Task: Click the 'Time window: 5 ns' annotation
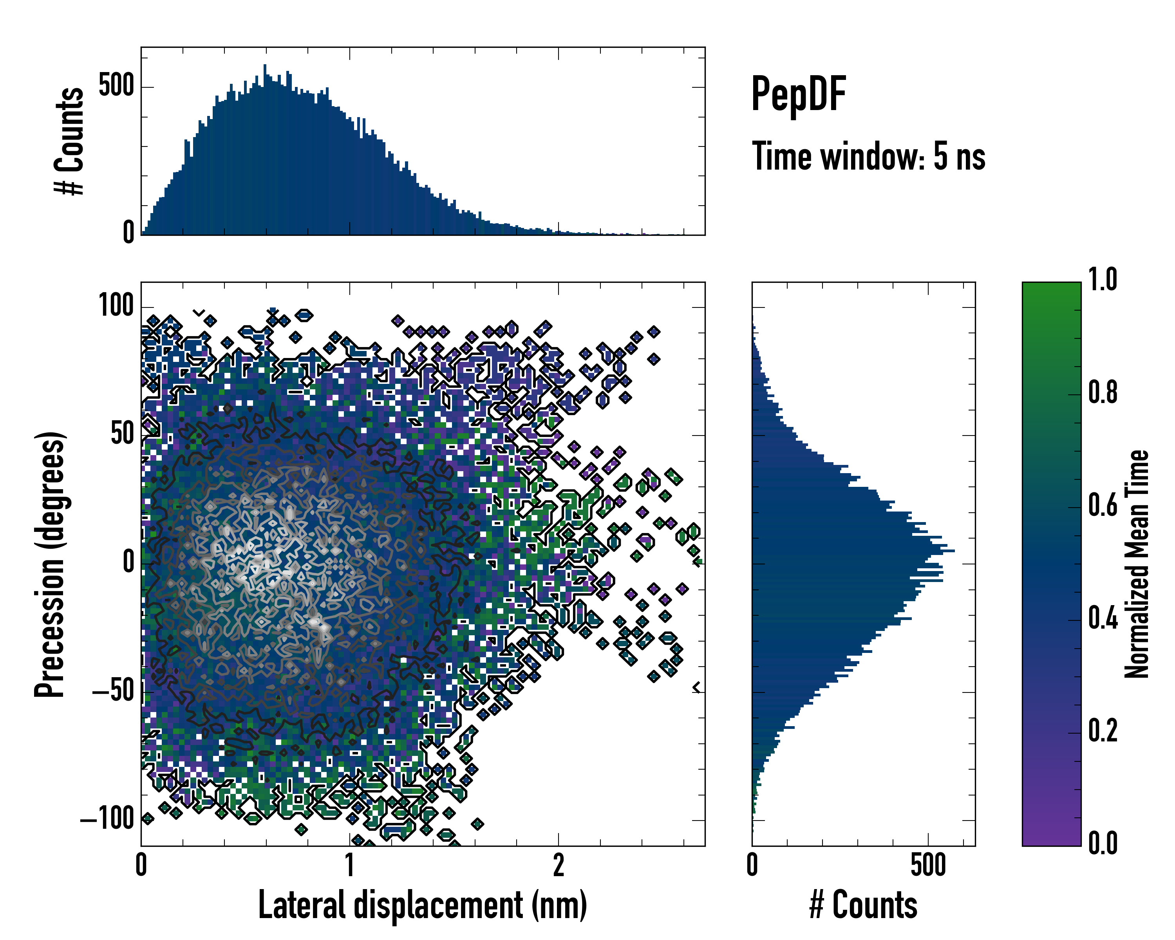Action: tap(868, 156)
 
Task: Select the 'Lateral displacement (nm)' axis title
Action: tap(422, 905)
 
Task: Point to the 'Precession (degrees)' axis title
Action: tap(50, 564)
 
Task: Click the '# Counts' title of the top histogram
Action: tap(70, 141)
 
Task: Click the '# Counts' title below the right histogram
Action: tap(863, 905)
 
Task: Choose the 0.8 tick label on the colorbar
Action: tap(1103, 392)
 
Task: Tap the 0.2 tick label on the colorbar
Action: tap(1103, 731)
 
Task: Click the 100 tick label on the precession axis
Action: tap(116, 306)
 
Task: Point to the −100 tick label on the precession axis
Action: tap(107, 819)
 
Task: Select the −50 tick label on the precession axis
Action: tap(113, 691)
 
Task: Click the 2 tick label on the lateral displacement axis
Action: tap(559, 865)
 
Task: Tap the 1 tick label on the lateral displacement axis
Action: tap(350, 865)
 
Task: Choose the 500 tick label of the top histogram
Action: tap(116, 86)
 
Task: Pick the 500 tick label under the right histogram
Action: tap(928, 865)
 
